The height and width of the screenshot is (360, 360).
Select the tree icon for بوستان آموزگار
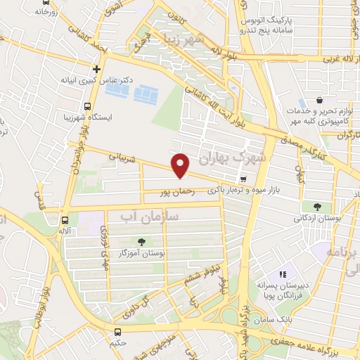coord(143,241)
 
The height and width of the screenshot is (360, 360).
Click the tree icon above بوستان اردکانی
coord(318,206)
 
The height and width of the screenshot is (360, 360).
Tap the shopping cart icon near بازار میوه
coord(243,179)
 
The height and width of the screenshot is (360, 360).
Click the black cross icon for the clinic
coord(96,69)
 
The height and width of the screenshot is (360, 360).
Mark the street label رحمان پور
coord(171,191)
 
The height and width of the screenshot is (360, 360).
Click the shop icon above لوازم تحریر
coord(320,101)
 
